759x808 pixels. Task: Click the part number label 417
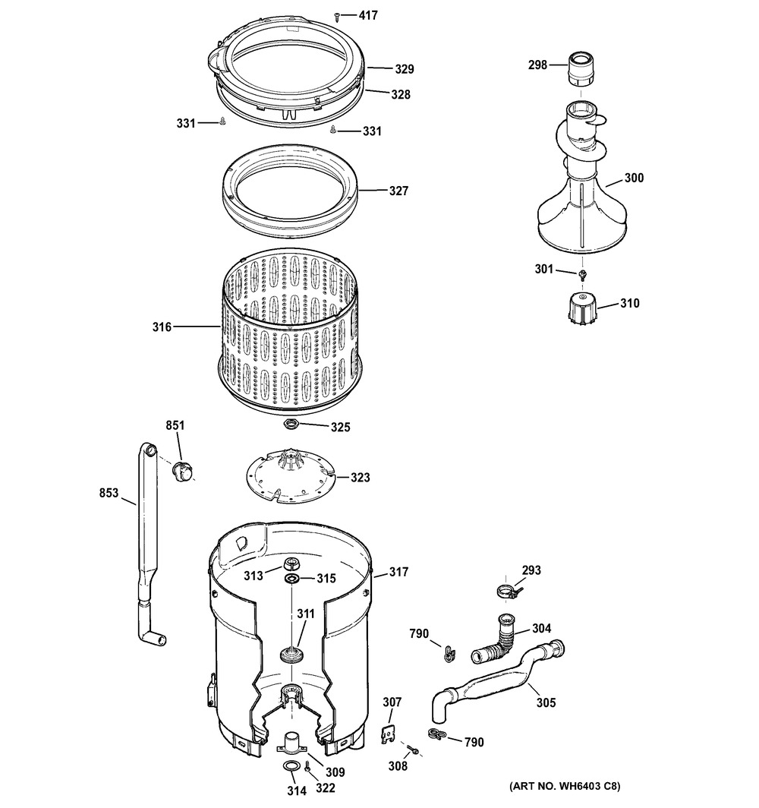(367, 14)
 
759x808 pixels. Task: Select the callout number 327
(398, 191)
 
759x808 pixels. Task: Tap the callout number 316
(162, 327)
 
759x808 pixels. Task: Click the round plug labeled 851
(181, 471)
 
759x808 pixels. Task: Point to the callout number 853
(109, 493)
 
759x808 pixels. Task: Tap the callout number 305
(546, 702)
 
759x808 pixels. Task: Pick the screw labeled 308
(415, 750)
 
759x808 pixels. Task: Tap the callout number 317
(398, 572)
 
